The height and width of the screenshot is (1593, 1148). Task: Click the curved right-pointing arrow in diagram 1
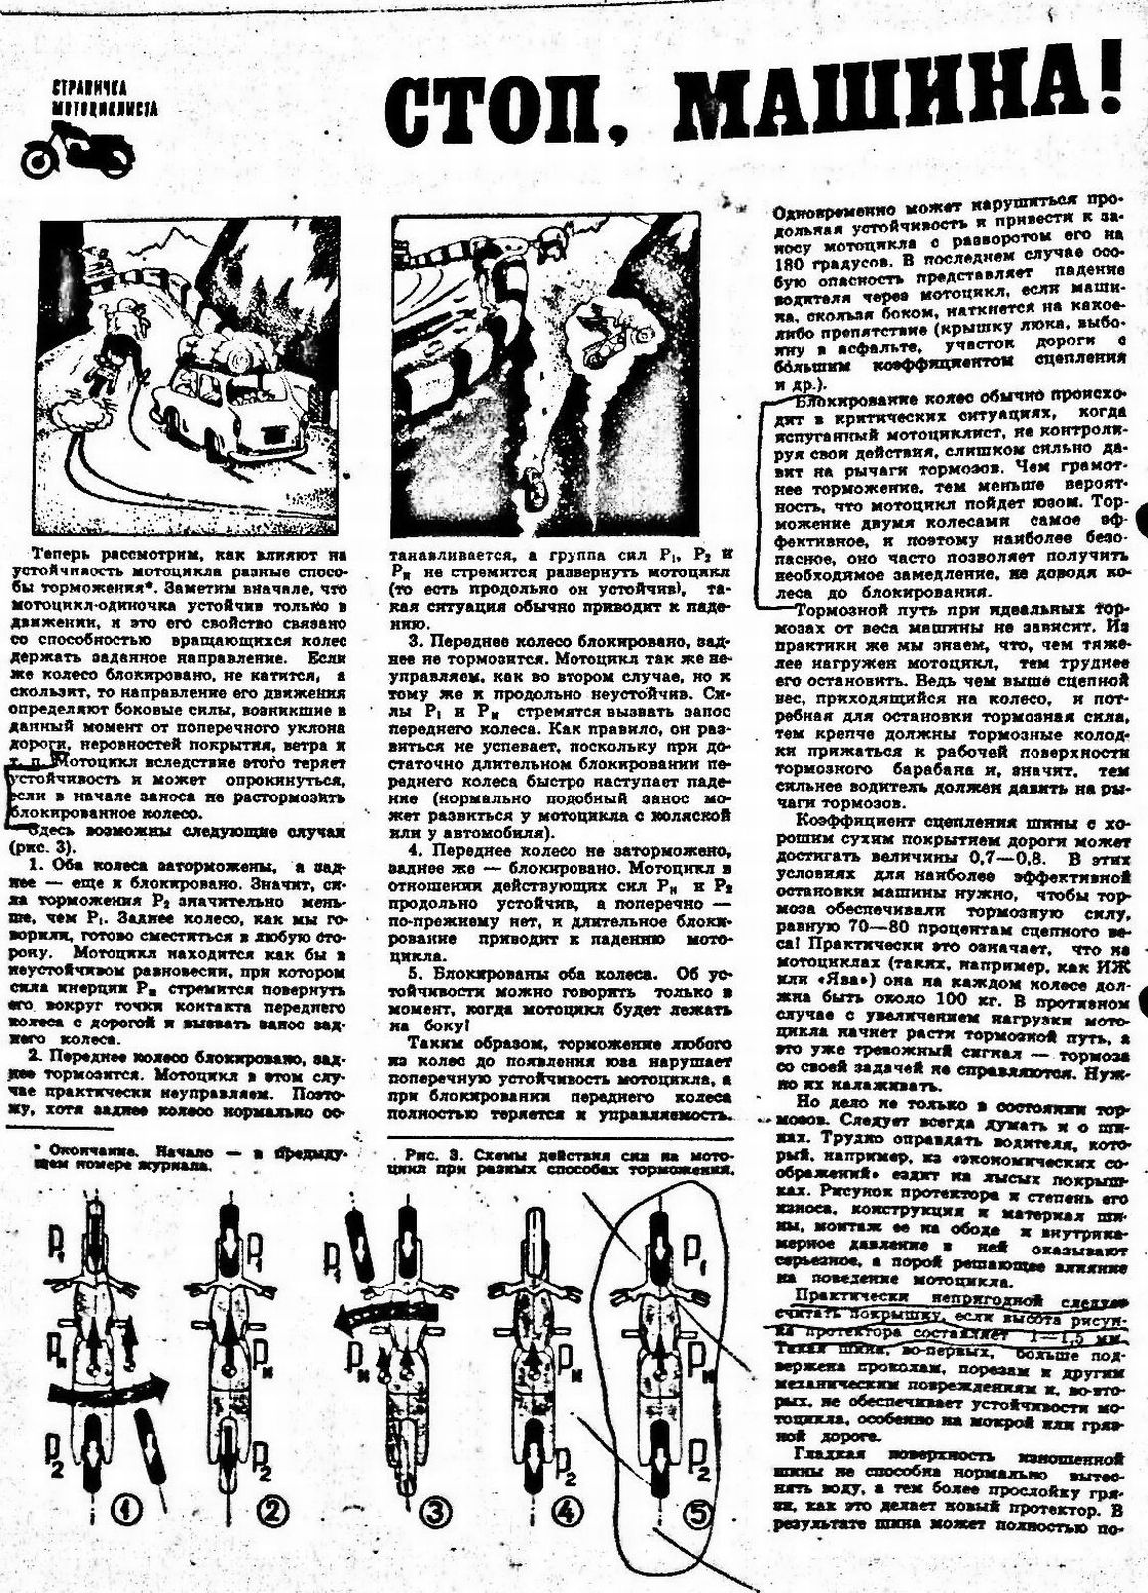110,1387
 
